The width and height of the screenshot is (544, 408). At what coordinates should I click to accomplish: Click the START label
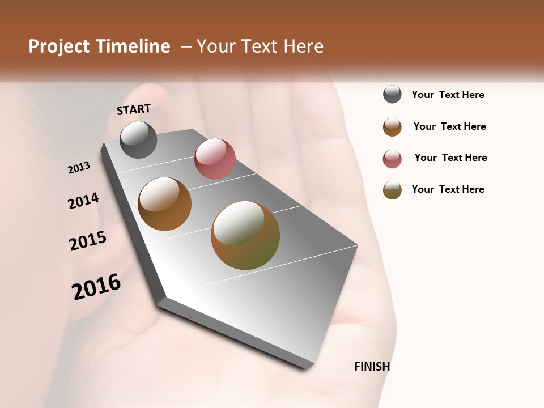[134, 109]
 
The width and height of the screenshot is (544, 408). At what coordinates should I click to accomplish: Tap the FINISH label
[372, 367]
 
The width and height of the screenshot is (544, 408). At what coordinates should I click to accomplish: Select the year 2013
[79, 168]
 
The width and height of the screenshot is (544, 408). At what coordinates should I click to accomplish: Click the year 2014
[83, 201]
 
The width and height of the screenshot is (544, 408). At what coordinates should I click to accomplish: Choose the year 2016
[96, 287]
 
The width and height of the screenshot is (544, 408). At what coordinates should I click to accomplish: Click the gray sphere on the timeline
[139, 139]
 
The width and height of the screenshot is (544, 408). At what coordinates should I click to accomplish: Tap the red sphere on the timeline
[215, 158]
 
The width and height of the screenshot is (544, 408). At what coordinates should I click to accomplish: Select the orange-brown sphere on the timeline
[165, 204]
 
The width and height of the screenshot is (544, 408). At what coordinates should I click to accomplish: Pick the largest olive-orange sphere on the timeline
[245, 235]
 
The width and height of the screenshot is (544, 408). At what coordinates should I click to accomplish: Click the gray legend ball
[392, 95]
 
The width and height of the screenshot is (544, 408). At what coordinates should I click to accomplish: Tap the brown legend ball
[392, 127]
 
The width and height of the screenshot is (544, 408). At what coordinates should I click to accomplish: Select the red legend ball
[392, 159]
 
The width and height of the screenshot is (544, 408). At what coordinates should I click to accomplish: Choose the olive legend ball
[392, 190]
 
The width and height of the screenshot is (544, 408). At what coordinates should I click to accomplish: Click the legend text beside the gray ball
[448, 95]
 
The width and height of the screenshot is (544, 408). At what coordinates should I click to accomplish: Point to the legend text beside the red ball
[450, 158]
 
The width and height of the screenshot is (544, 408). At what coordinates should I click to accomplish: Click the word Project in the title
[59, 46]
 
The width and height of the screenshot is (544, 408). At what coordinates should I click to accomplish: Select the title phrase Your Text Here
[260, 46]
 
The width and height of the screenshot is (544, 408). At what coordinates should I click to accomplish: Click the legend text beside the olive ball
[448, 189]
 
